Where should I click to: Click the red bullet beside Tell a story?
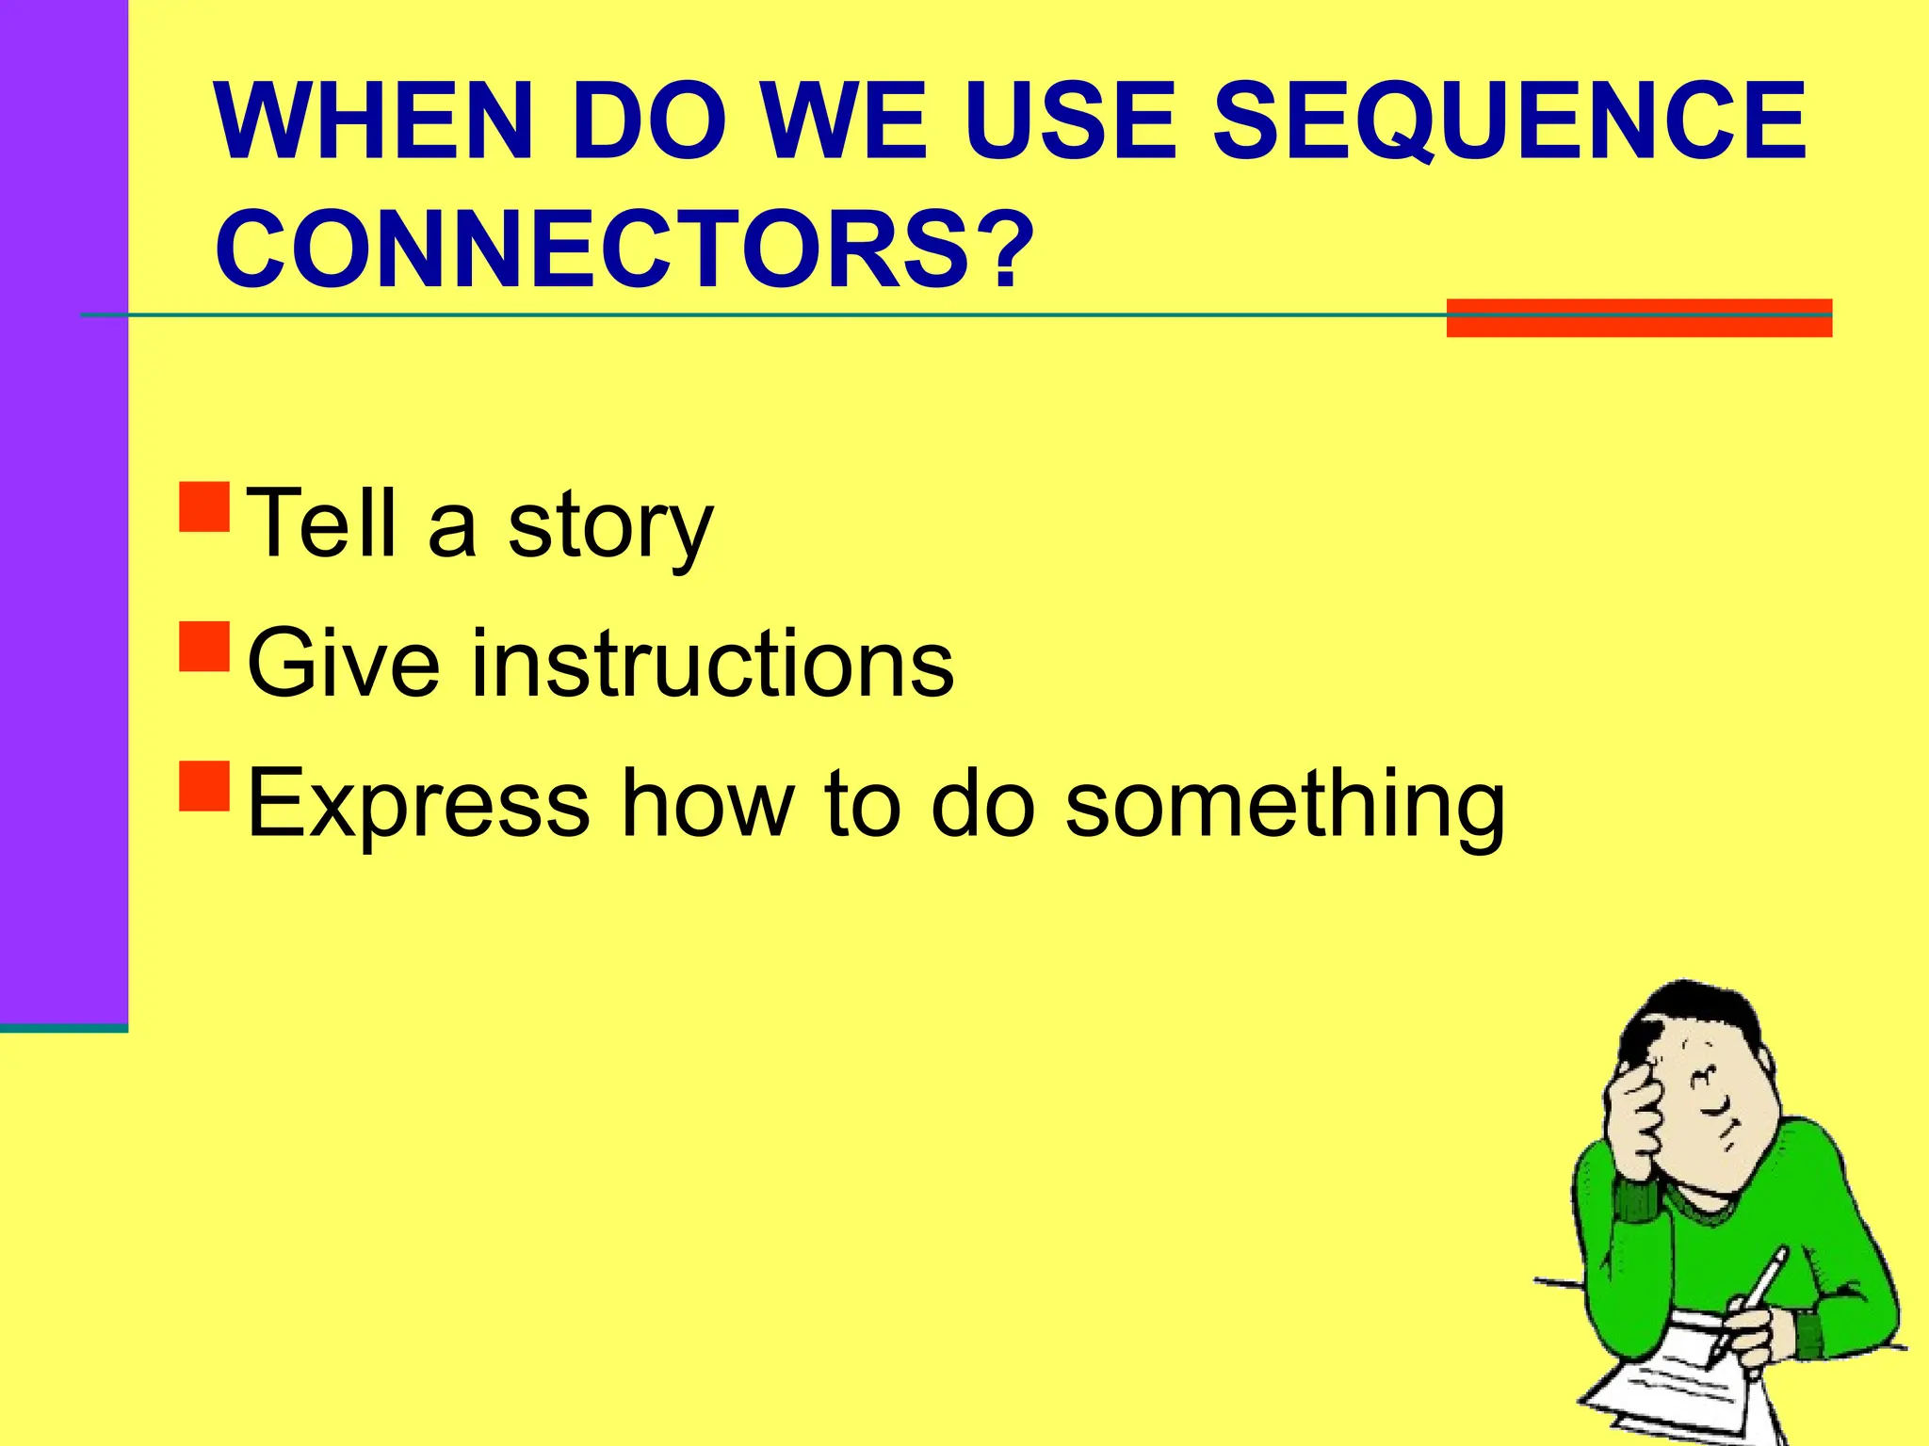tap(204, 507)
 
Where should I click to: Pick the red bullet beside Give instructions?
tap(204, 646)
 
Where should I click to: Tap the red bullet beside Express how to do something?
tap(204, 785)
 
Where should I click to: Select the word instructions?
tap(712, 665)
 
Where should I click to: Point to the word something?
tap(1285, 805)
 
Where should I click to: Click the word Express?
tap(418, 805)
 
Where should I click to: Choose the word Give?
tap(343, 665)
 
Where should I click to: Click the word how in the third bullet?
tap(708, 805)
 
